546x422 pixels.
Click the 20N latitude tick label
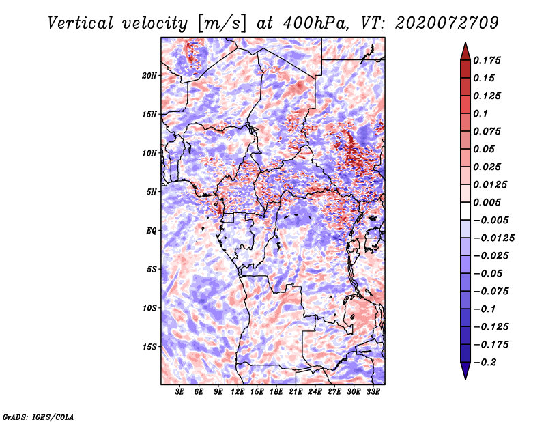(x=149, y=76)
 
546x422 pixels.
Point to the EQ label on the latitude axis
(x=152, y=231)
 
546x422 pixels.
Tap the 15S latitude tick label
(x=149, y=347)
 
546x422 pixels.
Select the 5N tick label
(x=152, y=192)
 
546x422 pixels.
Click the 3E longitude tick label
(x=179, y=392)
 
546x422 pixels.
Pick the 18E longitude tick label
(x=276, y=392)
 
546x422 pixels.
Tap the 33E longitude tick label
(x=373, y=392)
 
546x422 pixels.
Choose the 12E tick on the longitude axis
(x=238, y=392)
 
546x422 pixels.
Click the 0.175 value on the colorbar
(x=487, y=60)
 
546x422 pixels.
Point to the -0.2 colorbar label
(x=485, y=363)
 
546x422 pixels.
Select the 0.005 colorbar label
(x=487, y=202)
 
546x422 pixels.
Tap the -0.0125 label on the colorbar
(x=493, y=238)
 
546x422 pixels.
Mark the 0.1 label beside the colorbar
(x=480, y=113)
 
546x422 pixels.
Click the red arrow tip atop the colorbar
(x=465, y=43)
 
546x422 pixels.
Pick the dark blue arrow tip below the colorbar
(x=465, y=379)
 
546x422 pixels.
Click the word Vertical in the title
(x=81, y=23)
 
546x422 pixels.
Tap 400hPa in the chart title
(x=315, y=23)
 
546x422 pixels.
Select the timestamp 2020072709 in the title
(x=447, y=23)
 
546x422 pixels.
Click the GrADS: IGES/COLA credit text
(x=38, y=417)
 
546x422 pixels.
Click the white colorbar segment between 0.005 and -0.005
(x=465, y=211)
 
